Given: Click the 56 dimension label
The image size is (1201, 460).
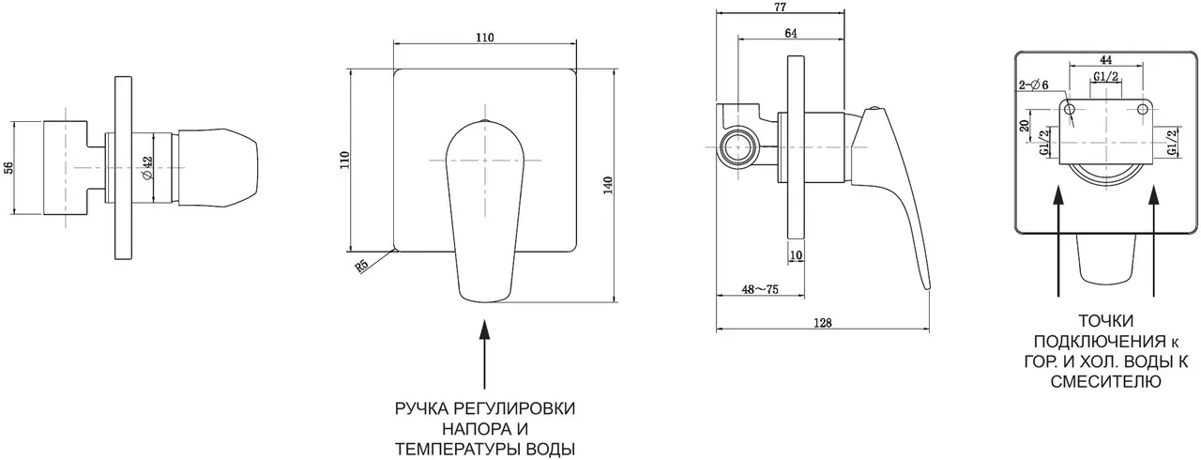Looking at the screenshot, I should (8, 168).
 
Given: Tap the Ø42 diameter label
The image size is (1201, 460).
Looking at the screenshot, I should (147, 168).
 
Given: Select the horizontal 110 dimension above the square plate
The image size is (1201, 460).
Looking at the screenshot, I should (484, 37).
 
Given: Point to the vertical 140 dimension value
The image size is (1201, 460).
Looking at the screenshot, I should (608, 185).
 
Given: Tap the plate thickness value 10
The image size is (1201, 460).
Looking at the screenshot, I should (796, 255).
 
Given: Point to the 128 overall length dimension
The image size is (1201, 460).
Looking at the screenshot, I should (822, 322).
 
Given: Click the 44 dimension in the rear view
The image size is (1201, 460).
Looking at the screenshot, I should (1107, 60).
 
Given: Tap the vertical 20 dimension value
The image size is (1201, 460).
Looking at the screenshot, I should (1026, 124).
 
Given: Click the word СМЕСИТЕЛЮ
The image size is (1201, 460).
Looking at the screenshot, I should (1109, 382).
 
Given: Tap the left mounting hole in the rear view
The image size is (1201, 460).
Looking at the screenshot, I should (1072, 110).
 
